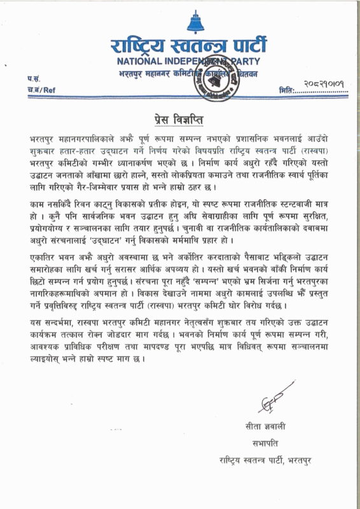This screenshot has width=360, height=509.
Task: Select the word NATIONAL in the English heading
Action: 141,62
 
